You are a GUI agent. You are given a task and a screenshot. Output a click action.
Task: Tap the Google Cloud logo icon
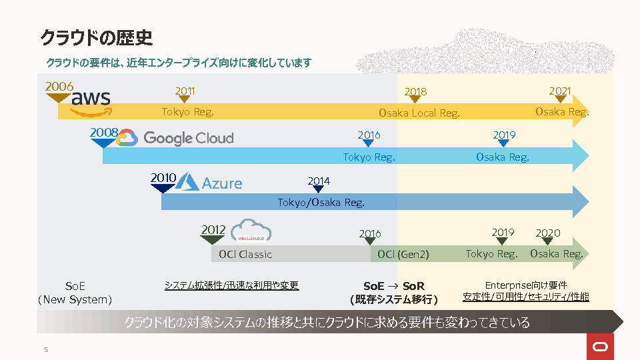(x=127, y=138)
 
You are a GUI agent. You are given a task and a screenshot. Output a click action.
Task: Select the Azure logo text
(x=222, y=183)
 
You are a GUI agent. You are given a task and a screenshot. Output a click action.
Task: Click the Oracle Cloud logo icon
(x=251, y=231)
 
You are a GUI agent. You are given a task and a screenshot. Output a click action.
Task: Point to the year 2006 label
(x=59, y=87)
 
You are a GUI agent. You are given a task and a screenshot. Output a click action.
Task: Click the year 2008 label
(x=104, y=133)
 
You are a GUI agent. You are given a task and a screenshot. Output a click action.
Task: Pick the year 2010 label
(x=163, y=178)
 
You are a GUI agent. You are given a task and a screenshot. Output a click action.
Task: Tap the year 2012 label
(x=213, y=230)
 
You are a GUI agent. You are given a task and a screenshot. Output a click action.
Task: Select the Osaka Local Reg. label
(x=419, y=113)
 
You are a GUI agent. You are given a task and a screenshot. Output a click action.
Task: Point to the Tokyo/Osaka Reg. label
(x=321, y=203)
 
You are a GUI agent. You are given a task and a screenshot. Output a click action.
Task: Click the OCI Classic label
(x=246, y=254)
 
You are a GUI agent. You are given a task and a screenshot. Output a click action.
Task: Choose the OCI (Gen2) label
(x=403, y=254)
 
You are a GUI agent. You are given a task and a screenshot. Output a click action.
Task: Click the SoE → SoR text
(x=394, y=286)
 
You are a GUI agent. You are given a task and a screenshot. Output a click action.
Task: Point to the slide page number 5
(x=46, y=350)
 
